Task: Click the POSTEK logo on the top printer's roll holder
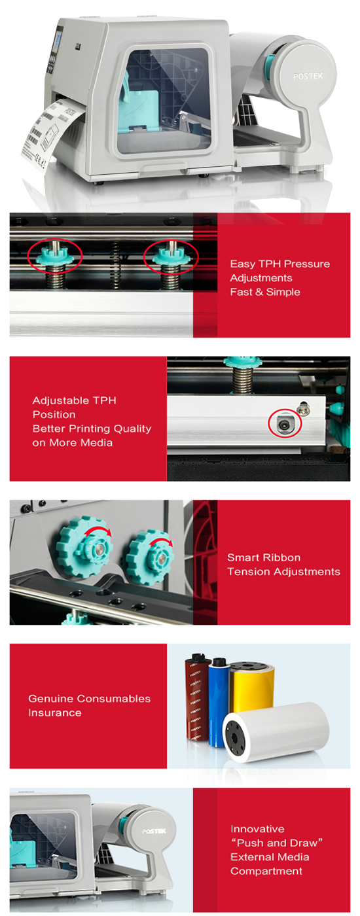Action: pyautogui.click(x=308, y=76)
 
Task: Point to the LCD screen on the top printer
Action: pyautogui.click(x=58, y=40)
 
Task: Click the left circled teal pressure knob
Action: pyautogui.click(x=55, y=256)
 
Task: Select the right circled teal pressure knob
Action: pyautogui.click(x=171, y=256)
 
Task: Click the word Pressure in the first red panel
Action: pyautogui.click(x=308, y=264)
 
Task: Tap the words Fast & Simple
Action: pyautogui.click(x=265, y=292)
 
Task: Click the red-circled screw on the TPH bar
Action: pyautogui.click(x=283, y=424)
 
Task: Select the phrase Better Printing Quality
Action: pyautogui.click(x=92, y=429)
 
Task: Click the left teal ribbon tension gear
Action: pyautogui.click(x=84, y=547)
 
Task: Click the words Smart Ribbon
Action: pyautogui.click(x=264, y=557)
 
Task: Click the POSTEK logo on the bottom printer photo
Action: pyautogui.click(x=154, y=830)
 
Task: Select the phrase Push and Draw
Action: pyautogui.click(x=277, y=843)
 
